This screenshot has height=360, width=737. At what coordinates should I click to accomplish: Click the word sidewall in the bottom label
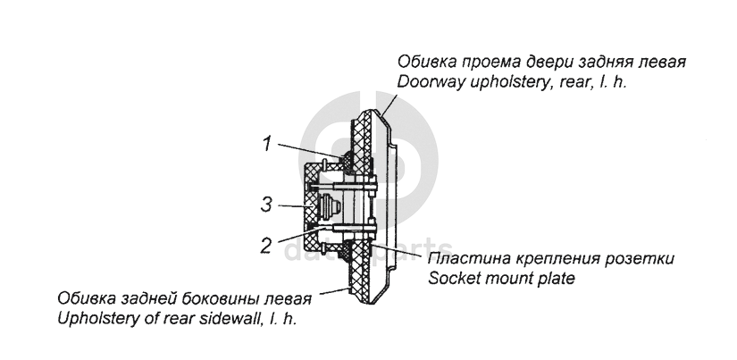pos(232,318)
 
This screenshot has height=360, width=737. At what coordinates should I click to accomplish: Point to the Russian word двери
pos(564,63)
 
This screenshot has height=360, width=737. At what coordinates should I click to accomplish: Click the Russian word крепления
pos(555,259)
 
